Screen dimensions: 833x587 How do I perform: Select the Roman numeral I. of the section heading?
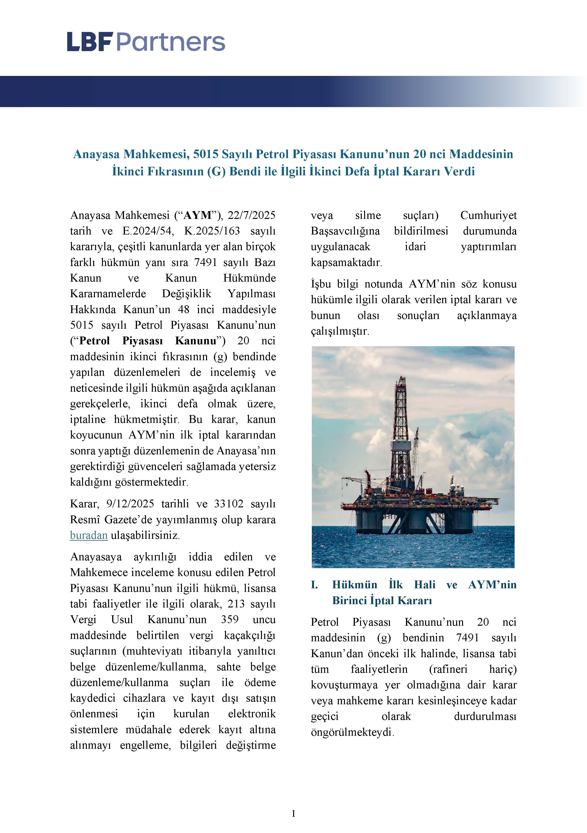314,585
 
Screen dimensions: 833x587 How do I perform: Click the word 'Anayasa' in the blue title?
96,154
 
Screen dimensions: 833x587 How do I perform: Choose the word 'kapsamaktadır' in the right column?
346,262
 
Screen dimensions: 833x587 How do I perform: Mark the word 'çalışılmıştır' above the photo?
340,331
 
